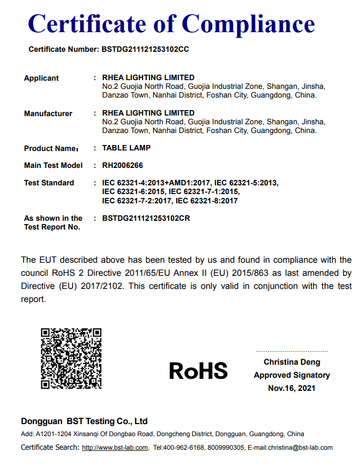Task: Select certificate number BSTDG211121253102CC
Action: click(x=145, y=49)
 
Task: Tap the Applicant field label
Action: click(x=41, y=78)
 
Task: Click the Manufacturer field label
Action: click(x=48, y=113)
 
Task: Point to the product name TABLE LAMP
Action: click(x=127, y=148)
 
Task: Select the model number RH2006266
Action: click(x=123, y=165)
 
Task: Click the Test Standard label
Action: click(x=49, y=183)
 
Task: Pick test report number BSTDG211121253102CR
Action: click(x=146, y=218)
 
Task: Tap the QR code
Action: click(x=71, y=358)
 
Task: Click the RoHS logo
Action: click(x=198, y=371)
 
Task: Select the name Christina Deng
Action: click(x=292, y=362)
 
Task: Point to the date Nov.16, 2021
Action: click(x=292, y=388)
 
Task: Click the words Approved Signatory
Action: click(x=292, y=375)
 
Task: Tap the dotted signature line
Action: click(x=292, y=352)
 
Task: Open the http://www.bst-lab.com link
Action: click(x=115, y=448)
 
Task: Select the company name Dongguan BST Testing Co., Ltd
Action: click(x=84, y=421)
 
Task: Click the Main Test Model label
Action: click(x=53, y=165)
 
